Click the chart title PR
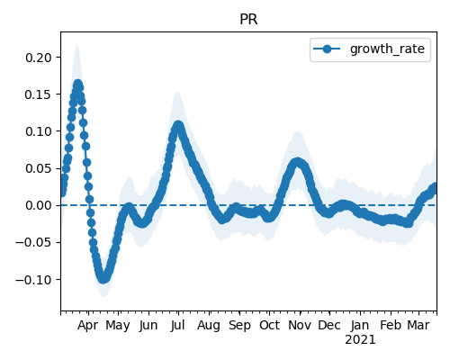248,20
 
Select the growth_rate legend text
387,49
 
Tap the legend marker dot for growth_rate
327,49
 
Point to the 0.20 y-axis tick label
39,58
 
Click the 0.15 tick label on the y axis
39,94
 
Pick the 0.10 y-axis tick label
39,131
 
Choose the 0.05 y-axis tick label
39,168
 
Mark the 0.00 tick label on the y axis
39,205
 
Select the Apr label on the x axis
87,326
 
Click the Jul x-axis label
177,326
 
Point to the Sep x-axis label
239,326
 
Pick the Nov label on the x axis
300,326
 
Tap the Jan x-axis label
360,326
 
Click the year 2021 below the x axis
360,340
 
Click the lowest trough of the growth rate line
103,279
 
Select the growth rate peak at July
178,125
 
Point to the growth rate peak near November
297,162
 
